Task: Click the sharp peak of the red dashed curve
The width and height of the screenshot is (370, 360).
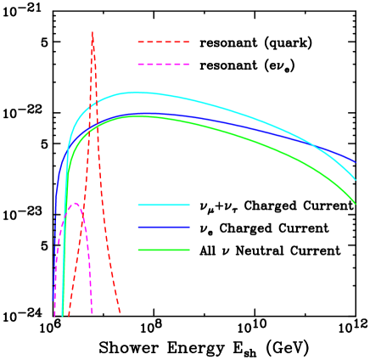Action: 92,32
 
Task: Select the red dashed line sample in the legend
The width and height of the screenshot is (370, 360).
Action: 163,42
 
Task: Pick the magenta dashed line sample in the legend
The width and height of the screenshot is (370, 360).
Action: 163,65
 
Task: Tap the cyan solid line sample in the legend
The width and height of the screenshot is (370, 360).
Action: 163,205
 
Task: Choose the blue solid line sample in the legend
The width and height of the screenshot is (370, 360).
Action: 163,228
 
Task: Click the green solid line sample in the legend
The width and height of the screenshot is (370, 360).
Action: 163,250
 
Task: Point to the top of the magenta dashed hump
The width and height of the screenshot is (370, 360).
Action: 76,203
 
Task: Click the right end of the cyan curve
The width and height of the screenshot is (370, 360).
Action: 356,179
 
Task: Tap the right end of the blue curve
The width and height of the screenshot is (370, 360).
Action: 355,161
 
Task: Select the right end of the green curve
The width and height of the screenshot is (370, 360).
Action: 356,204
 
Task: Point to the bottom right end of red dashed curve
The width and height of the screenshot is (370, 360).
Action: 120,314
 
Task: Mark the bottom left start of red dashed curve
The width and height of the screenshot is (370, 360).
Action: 69,316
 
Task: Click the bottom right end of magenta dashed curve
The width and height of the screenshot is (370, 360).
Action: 92,314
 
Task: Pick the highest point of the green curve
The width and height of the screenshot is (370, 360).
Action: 136,116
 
